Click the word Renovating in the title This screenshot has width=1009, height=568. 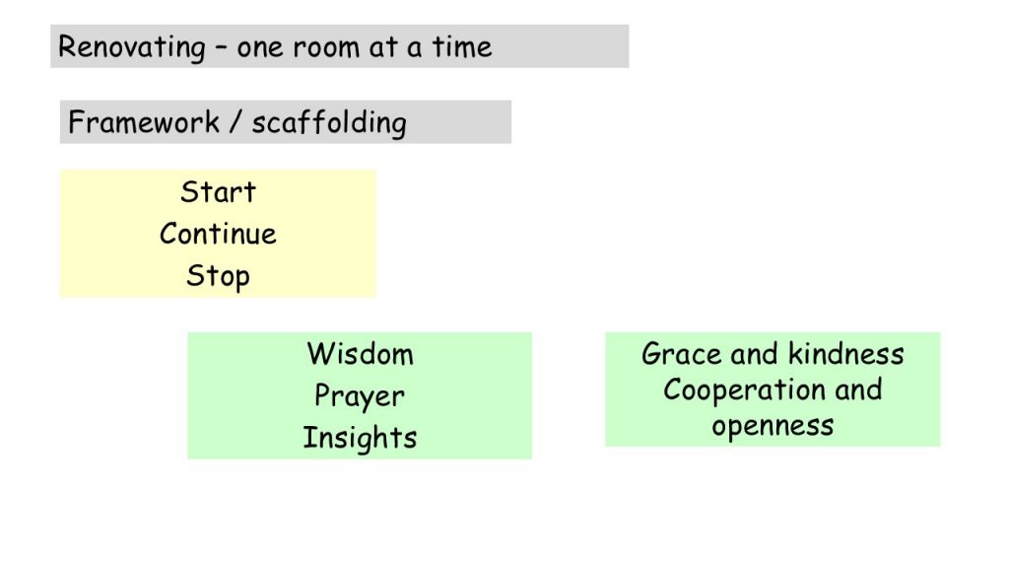[132, 47]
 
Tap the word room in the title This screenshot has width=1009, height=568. [323, 47]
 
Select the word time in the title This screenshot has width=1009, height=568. [461, 47]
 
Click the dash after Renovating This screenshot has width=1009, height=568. [221, 48]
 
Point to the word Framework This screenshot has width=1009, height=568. [144, 121]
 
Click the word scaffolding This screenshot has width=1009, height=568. [329, 123]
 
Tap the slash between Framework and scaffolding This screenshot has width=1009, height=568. [235, 121]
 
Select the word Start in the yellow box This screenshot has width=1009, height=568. [218, 192]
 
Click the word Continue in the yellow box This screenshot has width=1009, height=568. [218, 233]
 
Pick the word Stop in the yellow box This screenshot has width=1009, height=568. [218, 276]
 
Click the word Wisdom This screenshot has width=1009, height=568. [361, 354]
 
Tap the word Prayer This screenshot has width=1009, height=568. [360, 396]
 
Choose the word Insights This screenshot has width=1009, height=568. [360, 437]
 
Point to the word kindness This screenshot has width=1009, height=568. [846, 354]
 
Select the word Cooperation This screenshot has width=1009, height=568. [744, 390]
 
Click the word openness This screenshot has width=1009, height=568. [773, 426]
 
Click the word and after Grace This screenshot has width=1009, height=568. [755, 354]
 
